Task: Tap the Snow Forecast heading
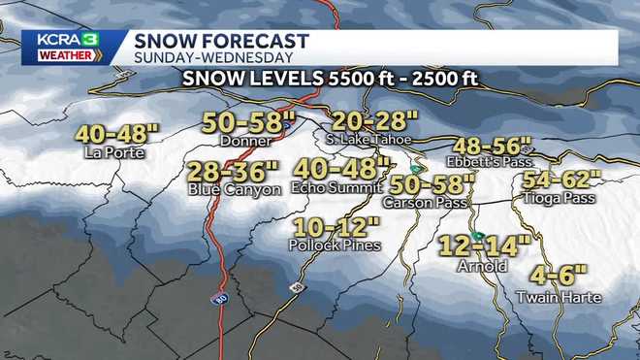coord(222,41)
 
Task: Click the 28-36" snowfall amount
coord(235,172)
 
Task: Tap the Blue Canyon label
coord(235,189)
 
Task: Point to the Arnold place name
coord(482,264)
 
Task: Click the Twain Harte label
coord(558,297)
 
